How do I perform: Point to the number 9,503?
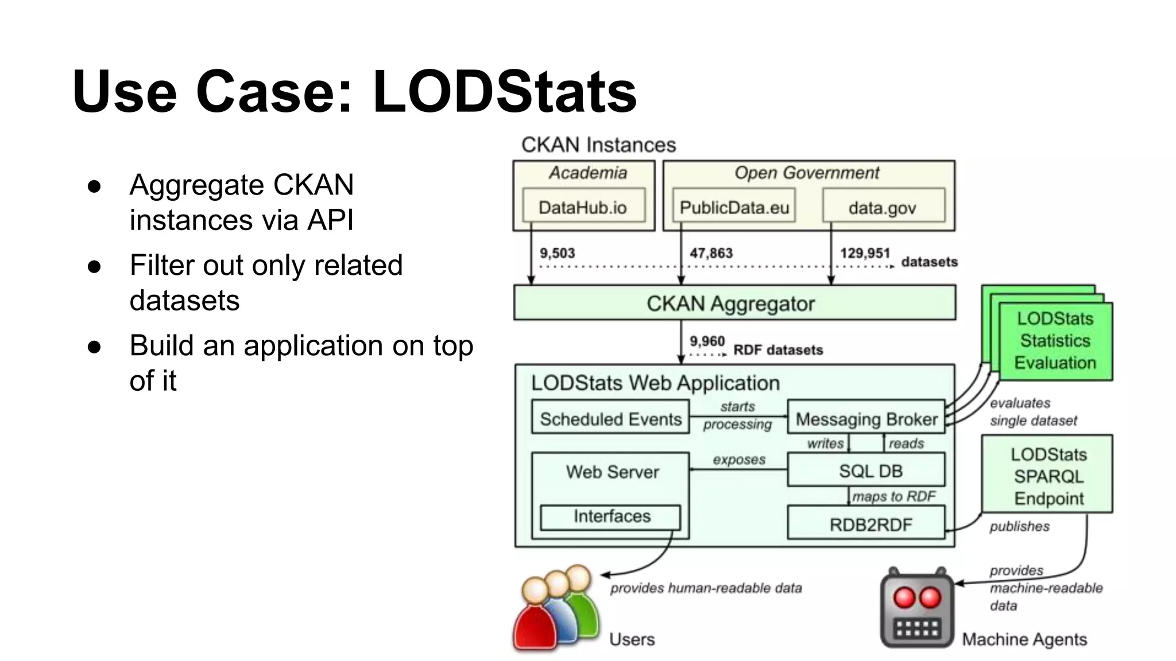(x=557, y=253)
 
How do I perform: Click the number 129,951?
(x=865, y=253)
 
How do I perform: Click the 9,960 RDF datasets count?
(x=707, y=341)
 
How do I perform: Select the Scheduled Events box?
(x=610, y=418)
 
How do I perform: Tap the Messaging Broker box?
(x=866, y=419)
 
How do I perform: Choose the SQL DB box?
(x=866, y=471)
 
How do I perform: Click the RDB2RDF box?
(x=866, y=524)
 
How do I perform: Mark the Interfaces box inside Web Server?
(x=611, y=516)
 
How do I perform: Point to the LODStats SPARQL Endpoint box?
(x=1047, y=475)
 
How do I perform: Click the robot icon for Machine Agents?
(x=917, y=609)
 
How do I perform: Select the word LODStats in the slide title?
(x=504, y=92)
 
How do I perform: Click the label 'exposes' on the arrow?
(x=739, y=460)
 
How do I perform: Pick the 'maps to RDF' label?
(x=893, y=496)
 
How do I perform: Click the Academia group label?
(x=587, y=173)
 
